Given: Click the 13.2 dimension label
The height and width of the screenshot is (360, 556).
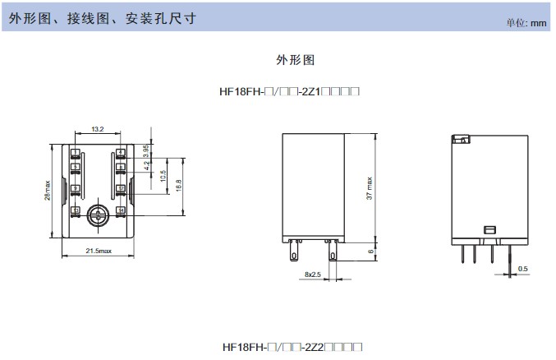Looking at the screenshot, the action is coord(98,129).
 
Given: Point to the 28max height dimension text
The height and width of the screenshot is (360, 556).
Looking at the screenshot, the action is coord(49,192).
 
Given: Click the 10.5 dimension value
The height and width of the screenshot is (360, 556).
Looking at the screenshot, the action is coord(163,177).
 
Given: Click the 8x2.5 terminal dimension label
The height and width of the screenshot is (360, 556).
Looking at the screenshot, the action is coord(313,274).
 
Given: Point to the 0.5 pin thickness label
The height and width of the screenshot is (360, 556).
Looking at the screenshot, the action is coord(523,269).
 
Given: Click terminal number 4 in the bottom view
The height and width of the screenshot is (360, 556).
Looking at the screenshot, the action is coord(121,153).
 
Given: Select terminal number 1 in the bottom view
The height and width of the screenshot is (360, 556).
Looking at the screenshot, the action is coord(75,153).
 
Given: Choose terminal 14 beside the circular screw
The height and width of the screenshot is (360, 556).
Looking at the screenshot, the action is coord(121,211).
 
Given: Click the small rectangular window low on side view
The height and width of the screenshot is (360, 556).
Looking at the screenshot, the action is coord(488,230).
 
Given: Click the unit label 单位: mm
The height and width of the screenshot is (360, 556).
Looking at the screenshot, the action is coord(526,23).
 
